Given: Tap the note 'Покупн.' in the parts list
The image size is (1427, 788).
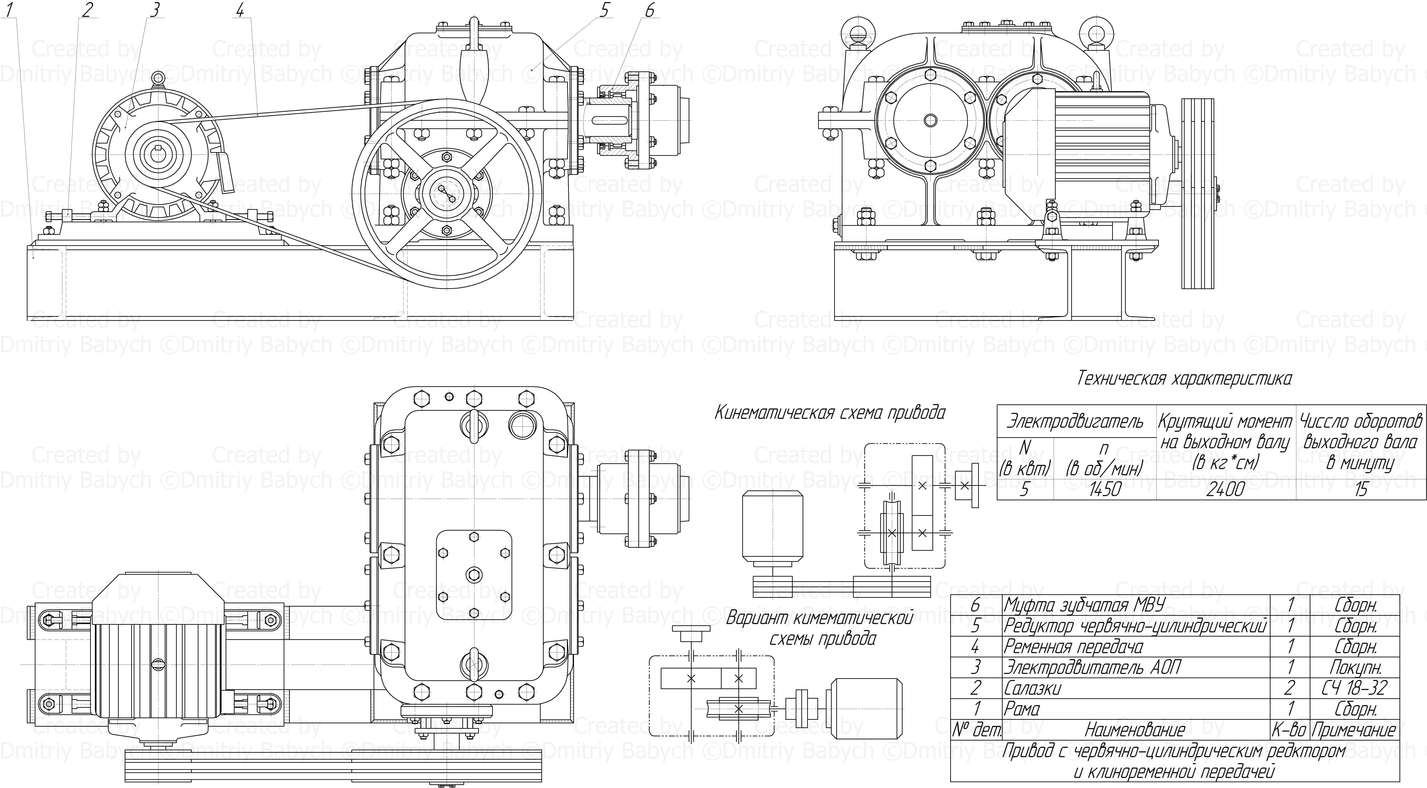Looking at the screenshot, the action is point(1355,667).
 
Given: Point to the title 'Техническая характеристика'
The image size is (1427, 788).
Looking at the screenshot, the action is point(1184,379).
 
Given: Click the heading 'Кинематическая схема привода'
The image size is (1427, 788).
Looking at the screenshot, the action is point(830,413).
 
